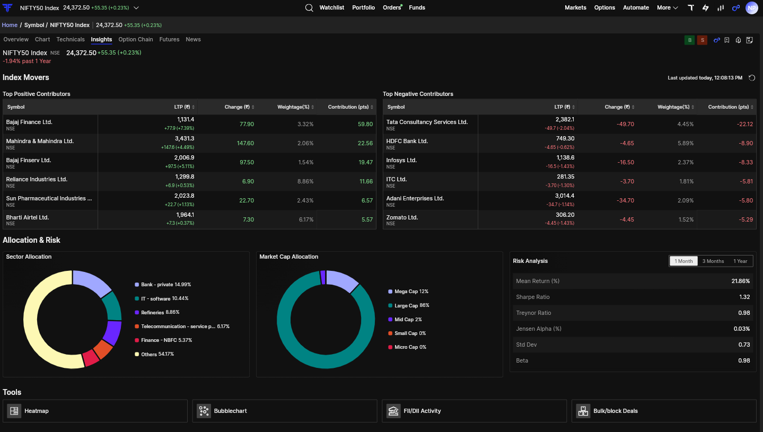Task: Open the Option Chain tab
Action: (x=136, y=39)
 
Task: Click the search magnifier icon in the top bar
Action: (x=309, y=8)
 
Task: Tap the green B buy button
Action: (x=689, y=40)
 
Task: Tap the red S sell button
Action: (x=702, y=40)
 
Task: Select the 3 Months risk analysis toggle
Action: (x=713, y=261)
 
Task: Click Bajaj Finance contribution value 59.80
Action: (x=365, y=124)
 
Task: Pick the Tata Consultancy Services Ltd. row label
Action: (x=427, y=122)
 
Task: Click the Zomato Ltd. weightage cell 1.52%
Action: (x=686, y=219)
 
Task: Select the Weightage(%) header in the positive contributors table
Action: (x=293, y=107)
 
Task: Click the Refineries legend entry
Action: (x=157, y=313)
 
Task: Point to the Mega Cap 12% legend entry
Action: (x=408, y=292)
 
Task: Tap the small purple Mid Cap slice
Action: (x=322, y=277)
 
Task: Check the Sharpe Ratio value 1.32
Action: (x=744, y=297)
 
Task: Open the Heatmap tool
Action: (x=95, y=411)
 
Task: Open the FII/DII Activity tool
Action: (x=474, y=411)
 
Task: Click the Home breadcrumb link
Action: (x=10, y=25)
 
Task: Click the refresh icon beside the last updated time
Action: (x=752, y=78)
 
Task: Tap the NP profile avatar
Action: (x=751, y=8)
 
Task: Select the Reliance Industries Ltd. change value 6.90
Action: (x=248, y=181)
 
